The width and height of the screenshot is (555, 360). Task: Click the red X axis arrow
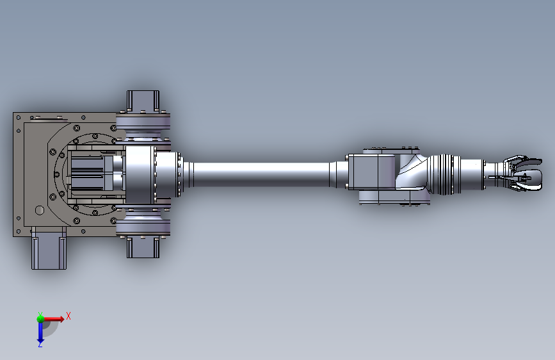coord(53,319)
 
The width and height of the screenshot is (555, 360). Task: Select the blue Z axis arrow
coord(40,332)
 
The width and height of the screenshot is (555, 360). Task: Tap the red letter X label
coord(68,316)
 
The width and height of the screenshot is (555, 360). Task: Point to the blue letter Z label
coord(40,345)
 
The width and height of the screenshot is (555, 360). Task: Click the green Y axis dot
coord(40,318)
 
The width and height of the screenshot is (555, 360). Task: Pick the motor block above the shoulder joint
coord(143,101)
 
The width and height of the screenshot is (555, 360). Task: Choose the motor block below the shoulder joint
coord(143,247)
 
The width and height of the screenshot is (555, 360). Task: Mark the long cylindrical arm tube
coord(261,174)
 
